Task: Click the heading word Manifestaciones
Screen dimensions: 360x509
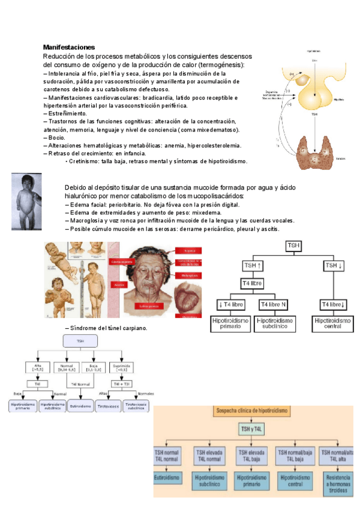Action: tap(69, 47)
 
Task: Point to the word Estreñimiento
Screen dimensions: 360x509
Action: tap(65, 113)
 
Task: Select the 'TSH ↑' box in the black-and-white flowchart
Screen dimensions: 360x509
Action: tap(253, 265)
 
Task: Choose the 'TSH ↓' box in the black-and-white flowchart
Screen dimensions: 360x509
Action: tap(333, 265)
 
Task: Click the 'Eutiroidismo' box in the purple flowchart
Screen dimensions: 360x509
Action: tap(80, 406)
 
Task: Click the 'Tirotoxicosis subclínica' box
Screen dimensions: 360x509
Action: tap(137, 406)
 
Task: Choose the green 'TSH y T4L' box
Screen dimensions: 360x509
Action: tap(250, 429)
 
